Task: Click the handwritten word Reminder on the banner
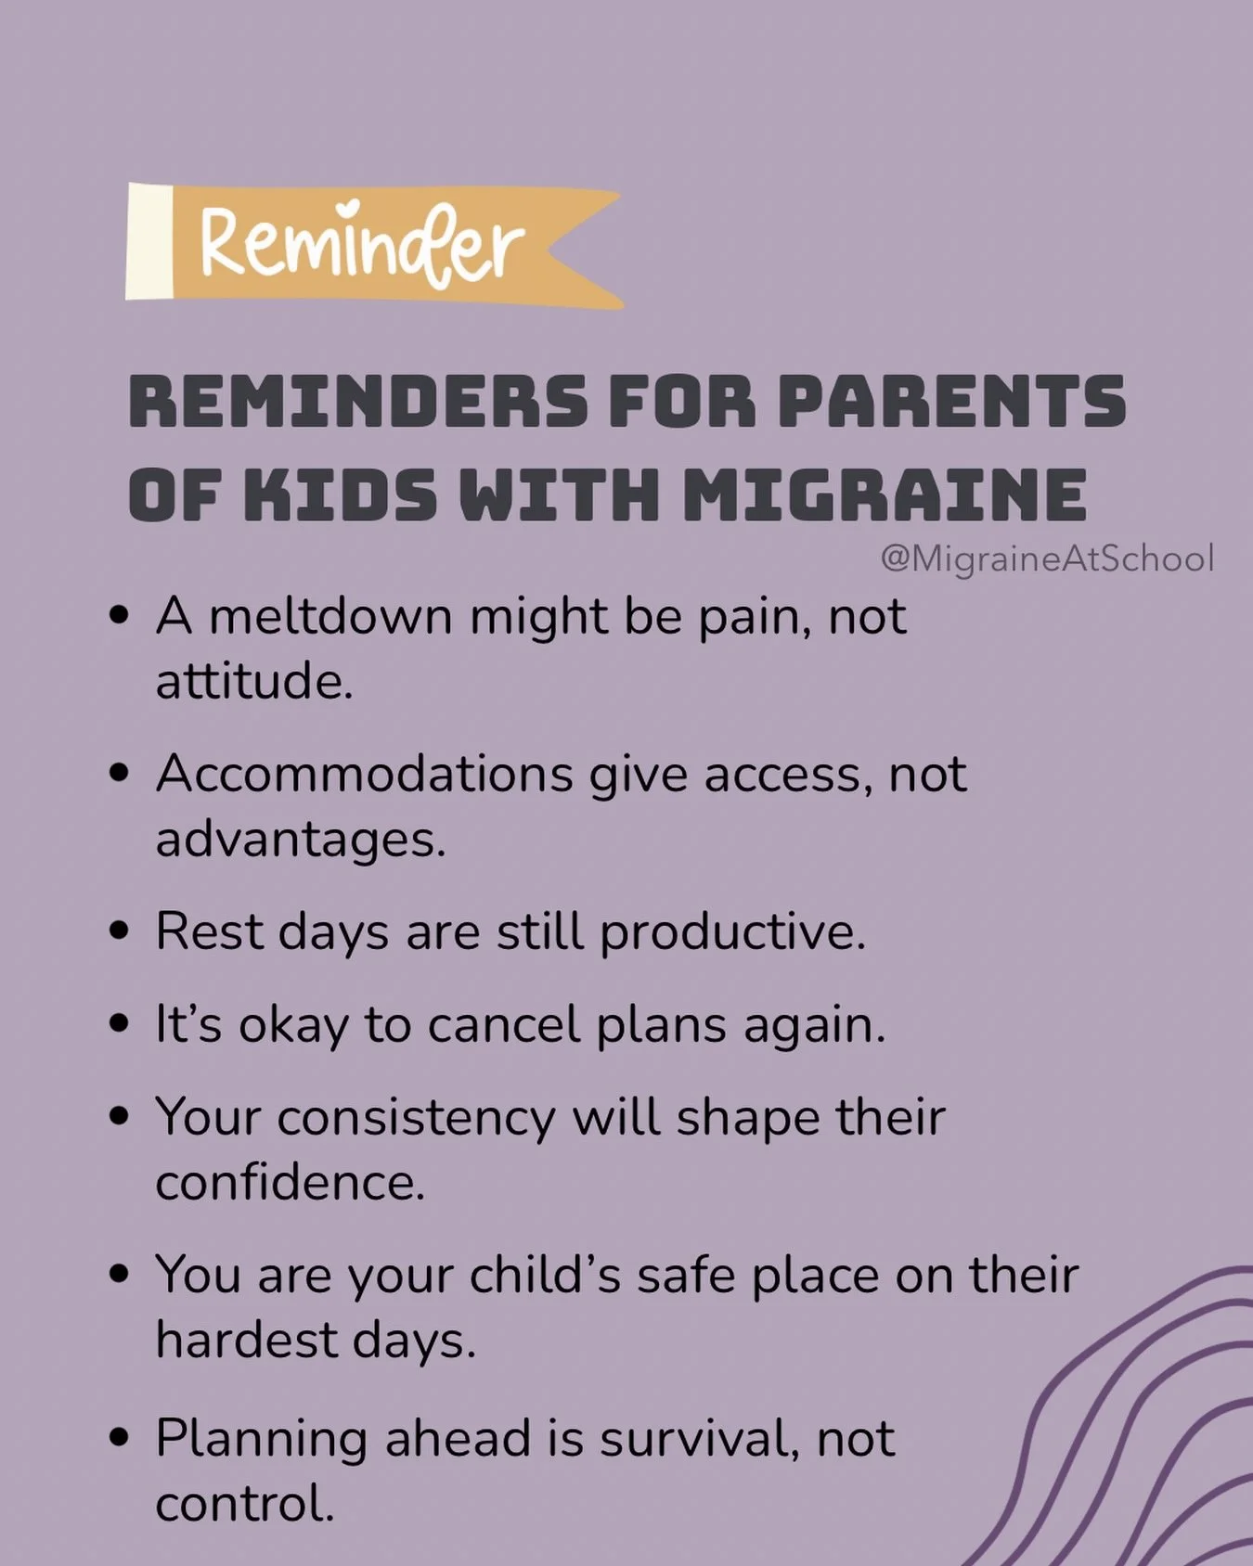[x=362, y=243]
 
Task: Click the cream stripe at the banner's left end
[x=149, y=241]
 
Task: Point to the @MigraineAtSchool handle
[x=1046, y=558]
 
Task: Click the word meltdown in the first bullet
[x=330, y=616]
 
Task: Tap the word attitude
[x=252, y=682]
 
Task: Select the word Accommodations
[x=365, y=774]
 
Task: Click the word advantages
[x=299, y=840]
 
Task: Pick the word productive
[x=731, y=931]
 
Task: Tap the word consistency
[x=416, y=1118]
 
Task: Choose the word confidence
[x=289, y=1183]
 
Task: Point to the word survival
[x=699, y=1439]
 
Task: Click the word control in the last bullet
[x=243, y=1504]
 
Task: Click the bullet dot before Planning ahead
[x=118, y=1439]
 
